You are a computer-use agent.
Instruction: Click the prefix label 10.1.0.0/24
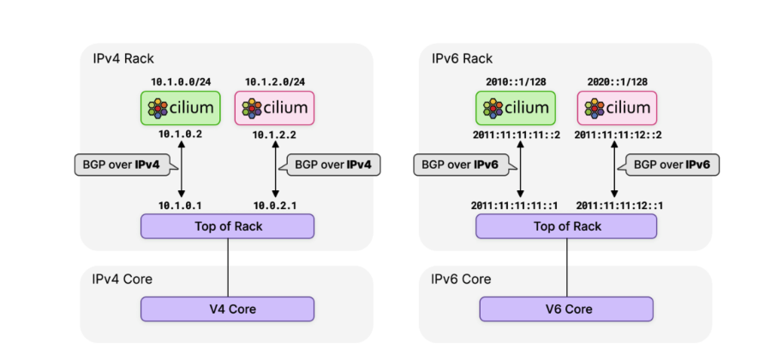tap(181, 81)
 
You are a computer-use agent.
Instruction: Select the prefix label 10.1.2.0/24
tap(274, 81)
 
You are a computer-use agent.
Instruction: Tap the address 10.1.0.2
tap(181, 135)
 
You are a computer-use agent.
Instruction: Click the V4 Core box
tap(227, 309)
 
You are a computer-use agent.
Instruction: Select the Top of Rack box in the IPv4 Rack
tap(227, 226)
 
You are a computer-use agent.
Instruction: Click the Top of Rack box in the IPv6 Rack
tap(566, 226)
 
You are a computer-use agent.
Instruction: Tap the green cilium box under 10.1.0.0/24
tap(181, 108)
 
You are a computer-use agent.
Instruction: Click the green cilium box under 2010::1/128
tap(516, 108)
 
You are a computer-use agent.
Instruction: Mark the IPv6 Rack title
tap(462, 58)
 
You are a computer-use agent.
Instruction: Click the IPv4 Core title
tap(123, 279)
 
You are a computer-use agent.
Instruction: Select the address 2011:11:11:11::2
tap(516, 135)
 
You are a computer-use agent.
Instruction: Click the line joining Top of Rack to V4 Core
tap(227, 267)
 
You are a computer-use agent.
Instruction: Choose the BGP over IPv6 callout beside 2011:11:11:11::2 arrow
tap(457, 165)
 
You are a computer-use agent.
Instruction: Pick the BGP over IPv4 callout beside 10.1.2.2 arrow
tap(334, 165)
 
